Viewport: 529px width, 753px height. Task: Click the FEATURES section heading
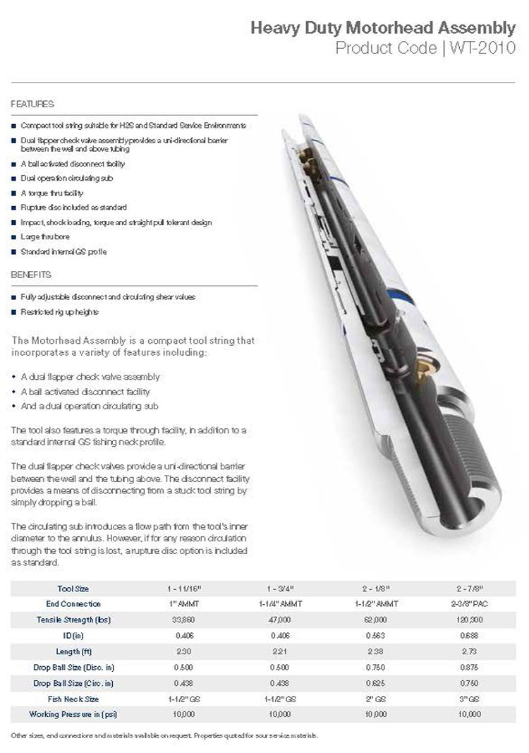pos(32,104)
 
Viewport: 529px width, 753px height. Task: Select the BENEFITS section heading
pos(32,274)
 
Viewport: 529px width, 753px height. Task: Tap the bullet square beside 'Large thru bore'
pos(15,237)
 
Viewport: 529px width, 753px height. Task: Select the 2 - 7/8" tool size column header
pos(470,588)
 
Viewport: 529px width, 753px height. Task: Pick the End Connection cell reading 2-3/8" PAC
pos(470,603)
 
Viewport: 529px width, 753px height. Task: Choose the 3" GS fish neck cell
pos(470,699)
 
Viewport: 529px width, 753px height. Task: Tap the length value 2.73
pos(470,651)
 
